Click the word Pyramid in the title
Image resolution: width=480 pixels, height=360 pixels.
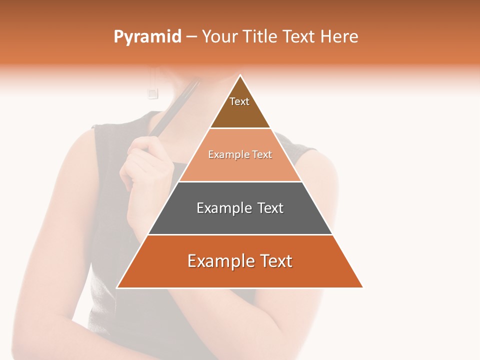pos(147,37)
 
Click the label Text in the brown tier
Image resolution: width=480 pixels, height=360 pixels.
pos(239,101)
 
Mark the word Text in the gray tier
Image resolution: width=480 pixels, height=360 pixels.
pos(270,208)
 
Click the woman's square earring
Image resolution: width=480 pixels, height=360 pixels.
pos(153,92)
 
